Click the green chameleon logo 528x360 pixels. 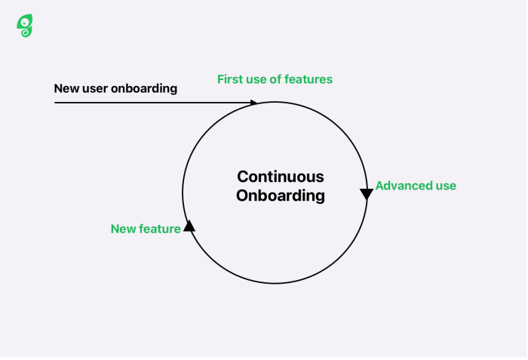25,26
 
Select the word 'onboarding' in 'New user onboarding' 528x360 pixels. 144,88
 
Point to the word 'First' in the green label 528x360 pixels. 231,79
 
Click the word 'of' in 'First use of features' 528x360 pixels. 278,79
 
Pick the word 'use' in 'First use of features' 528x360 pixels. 258,79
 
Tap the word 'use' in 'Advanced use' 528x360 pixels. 446,186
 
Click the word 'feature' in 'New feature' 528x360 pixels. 160,229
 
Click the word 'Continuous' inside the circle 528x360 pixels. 280,177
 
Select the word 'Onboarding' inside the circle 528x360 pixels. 280,195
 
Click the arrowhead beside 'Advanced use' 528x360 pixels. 367,194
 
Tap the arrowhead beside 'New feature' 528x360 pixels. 189,225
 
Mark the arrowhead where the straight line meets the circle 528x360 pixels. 253,103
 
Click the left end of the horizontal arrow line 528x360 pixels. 56,103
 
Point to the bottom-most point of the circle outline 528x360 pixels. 275,283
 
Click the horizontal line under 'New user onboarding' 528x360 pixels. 151,103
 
